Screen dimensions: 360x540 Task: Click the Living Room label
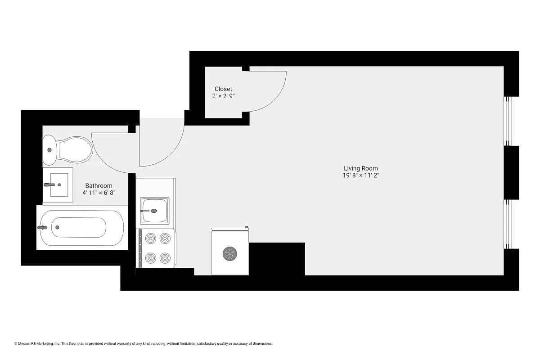pos(360,168)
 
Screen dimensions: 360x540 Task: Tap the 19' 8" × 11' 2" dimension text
pos(360,176)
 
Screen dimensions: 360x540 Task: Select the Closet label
pos(223,89)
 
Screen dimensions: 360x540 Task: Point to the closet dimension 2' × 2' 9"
pos(223,96)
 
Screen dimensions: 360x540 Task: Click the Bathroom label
pos(99,185)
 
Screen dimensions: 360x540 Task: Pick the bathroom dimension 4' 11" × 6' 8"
pos(99,193)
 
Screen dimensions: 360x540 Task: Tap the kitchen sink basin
pos(155,211)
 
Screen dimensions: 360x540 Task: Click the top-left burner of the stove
pos(150,238)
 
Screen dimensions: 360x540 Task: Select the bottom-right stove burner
pos(165,258)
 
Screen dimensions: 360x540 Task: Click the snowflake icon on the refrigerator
pos(230,253)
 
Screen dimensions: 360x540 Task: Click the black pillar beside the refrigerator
pos(277,259)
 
